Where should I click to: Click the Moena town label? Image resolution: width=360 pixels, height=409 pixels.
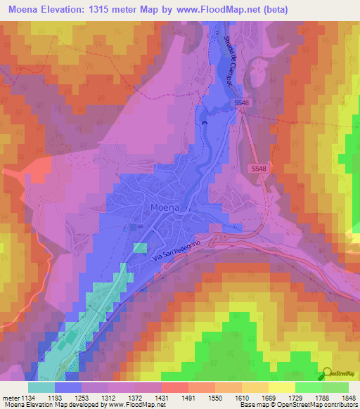[x=165, y=208]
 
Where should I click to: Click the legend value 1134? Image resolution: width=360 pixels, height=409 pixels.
[x=27, y=398]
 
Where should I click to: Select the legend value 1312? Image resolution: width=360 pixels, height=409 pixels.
[x=108, y=398]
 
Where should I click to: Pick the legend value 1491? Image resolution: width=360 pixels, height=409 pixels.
[x=188, y=398]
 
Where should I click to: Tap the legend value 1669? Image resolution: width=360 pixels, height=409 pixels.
[x=269, y=398]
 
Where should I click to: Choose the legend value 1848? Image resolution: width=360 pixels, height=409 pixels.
[x=349, y=398]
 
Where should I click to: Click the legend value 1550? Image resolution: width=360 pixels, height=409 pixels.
[x=214, y=398]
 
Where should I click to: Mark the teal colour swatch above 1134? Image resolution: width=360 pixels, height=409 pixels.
[x=41, y=387]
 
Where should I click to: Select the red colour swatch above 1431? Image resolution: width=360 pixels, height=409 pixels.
[x=174, y=387]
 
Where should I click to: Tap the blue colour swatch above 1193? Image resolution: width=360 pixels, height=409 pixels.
[x=68, y=387]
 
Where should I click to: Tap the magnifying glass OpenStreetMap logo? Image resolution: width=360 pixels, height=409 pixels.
[x=328, y=374]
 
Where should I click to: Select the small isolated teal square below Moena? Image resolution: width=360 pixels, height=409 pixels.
[x=141, y=248]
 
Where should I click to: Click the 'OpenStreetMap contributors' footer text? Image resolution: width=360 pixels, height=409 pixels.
[x=320, y=405]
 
